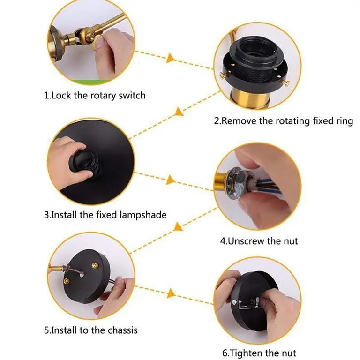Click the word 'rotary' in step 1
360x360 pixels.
(x=103, y=96)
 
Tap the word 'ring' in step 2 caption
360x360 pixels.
(x=345, y=121)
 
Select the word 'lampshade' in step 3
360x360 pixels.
(x=143, y=215)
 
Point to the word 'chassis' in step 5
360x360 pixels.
(x=123, y=330)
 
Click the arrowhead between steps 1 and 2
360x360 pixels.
(x=170, y=58)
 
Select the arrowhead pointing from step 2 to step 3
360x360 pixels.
(x=179, y=112)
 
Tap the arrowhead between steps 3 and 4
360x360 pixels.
(x=170, y=180)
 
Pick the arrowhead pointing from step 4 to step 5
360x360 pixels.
(x=178, y=226)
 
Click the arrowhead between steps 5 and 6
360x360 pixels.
(x=171, y=293)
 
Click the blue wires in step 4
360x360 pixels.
(x=266, y=186)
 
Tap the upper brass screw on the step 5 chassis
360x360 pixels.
(x=95, y=266)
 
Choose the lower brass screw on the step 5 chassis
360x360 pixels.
(x=67, y=280)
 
